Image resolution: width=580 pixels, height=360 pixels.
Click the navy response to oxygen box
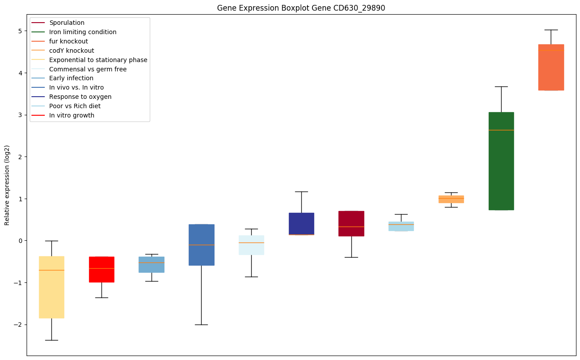pyautogui.click(x=301, y=223)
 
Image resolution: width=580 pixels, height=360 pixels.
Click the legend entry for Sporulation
pyautogui.click(x=67, y=23)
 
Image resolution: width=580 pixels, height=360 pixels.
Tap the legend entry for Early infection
pyautogui.click(x=71, y=78)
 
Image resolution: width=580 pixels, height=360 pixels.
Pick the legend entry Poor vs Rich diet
pyautogui.click(x=75, y=106)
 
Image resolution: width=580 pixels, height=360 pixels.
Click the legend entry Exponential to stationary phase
pyautogui.click(x=98, y=60)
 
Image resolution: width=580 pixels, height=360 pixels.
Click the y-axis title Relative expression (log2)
pyautogui.click(x=7, y=185)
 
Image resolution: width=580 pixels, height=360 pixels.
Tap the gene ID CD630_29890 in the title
pyautogui.click(x=353, y=8)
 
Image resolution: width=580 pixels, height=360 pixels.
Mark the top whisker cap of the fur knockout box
pyautogui.click(x=551, y=30)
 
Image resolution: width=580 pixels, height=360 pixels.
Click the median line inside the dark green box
pyautogui.click(x=501, y=130)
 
